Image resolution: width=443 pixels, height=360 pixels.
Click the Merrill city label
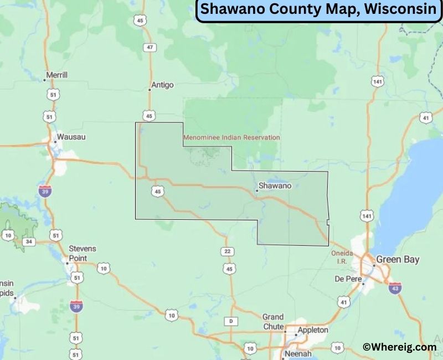point(56,75)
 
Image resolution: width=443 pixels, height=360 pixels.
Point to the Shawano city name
point(275,186)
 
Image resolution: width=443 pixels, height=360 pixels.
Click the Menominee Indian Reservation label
point(231,137)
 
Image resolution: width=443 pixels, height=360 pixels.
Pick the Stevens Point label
point(82,254)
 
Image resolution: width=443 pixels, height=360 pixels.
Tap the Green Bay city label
point(398,259)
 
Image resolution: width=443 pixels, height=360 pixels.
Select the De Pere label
point(348,278)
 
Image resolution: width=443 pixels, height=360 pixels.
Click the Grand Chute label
point(273,322)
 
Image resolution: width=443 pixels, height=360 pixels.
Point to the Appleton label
point(313,330)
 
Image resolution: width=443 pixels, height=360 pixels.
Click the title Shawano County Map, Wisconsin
point(318,10)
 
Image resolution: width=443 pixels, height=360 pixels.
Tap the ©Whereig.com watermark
point(399,347)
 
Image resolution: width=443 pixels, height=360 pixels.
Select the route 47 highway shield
point(150,48)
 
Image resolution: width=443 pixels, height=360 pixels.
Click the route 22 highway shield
point(228,251)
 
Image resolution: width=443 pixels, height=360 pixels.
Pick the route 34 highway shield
point(29,241)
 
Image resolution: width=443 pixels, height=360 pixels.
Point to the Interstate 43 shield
point(395,288)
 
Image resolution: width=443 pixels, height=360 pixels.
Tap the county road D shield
point(230,321)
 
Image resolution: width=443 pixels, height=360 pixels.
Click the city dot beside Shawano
point(257,191)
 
